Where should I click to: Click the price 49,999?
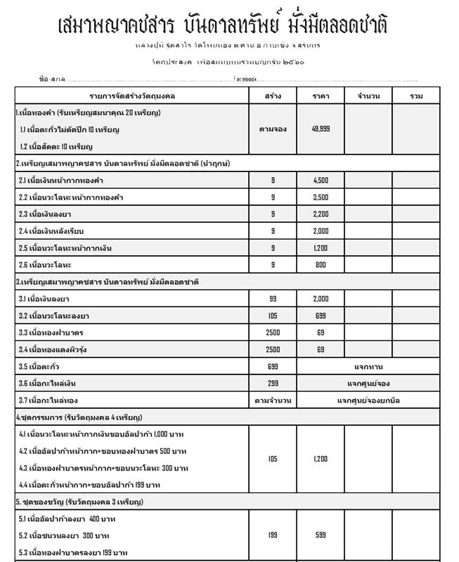(321, 129)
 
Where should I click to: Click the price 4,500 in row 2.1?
(321, 181)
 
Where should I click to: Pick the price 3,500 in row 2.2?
(321, 197)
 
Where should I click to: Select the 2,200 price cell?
(321, 214)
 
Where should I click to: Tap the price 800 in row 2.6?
(321, 265)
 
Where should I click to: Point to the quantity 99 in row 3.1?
(273, 299)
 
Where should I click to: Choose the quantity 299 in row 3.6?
(273, 384)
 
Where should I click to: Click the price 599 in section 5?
(321, 535)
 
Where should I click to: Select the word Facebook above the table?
(245, 78)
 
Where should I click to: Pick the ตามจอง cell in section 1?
(273, 129)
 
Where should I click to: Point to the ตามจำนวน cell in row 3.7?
(273, 400)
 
